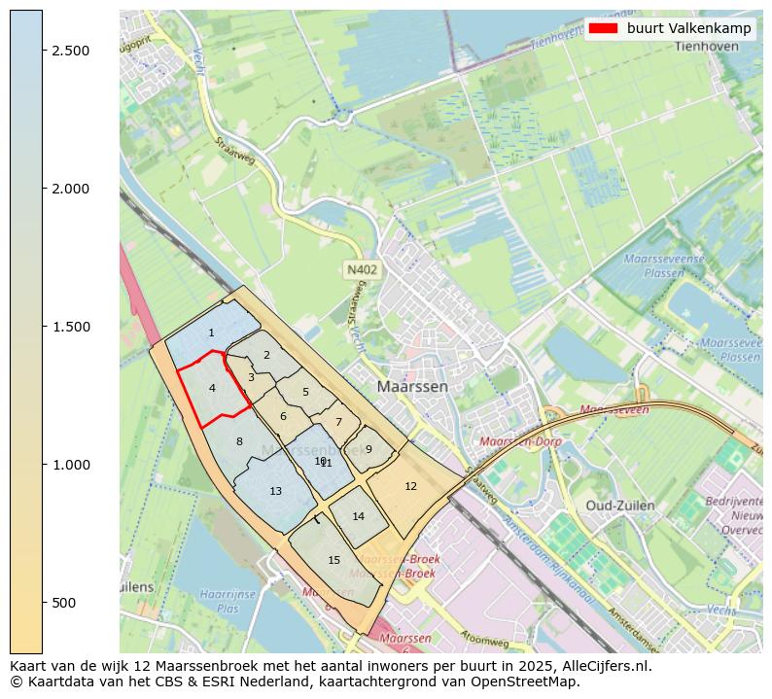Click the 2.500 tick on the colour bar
pyautogui.click(x=42, y=50)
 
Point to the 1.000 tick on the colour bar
pyautogui.click(x=42, y=465)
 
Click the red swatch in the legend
pyautogui.click(x=603, y=28)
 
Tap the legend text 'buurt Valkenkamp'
pyautogui.click(x=688, y=28)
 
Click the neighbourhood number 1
pyautogui.click(x=211, y=333)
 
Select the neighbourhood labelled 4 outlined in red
pyautogui.click(x=212, y=388)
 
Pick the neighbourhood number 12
pyautogui.click(x=410, y=486)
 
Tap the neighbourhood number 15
pyautogui.click(x=333, y=560)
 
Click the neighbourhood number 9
pyautogui.click(x=368, y=449)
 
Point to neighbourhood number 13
pyautogui.click(x=275, y=491)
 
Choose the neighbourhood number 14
pyautogui.click(x=358, y=516)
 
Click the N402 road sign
pyautogui.click(x=361, y=269)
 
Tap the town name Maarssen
pyautogui.click(x=412, y=386)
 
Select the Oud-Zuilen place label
pyautogui.click(x=619, y=506)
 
